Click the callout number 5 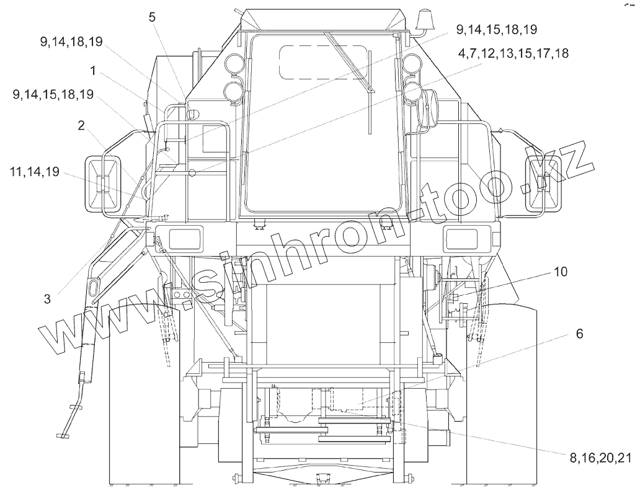(x=151, y=17)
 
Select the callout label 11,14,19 (x=35, y=172)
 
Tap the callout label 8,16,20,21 (x=600, y=458)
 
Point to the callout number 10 (x=561, y=272)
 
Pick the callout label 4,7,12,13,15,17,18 (x=513, y=53)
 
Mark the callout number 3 (x=47, y=300)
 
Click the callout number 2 (x=81, y=126)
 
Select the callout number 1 (x=93, y=71)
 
